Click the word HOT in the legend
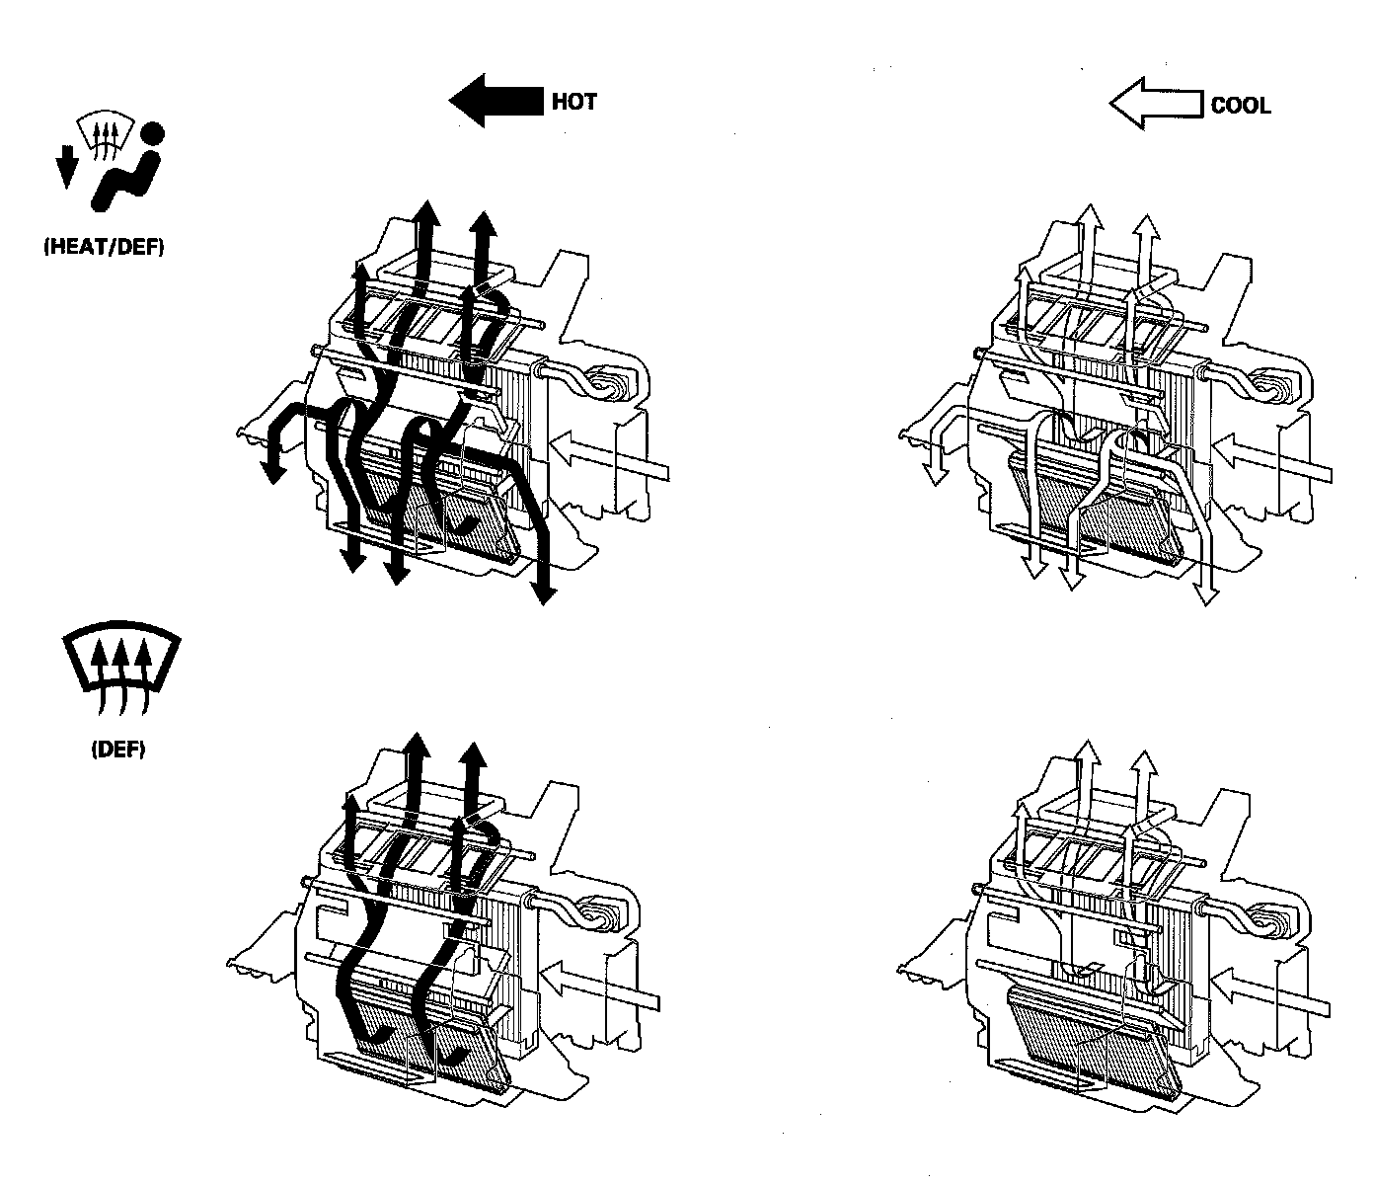coord(573,101)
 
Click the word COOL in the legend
coord(1241,105)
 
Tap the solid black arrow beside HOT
coord(496,101)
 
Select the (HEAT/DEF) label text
coord(104,248)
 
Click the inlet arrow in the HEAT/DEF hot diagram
coord(606,455)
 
